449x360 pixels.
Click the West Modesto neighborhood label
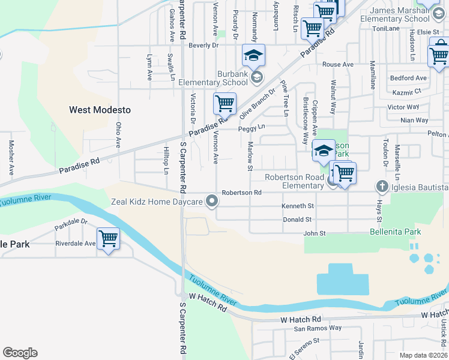(100, 110)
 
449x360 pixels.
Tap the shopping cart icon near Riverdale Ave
(108, 239)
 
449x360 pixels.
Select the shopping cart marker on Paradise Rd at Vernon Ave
(224, 103)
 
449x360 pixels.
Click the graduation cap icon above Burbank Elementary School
(253, 55)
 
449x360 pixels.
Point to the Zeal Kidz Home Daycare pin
(211, 202)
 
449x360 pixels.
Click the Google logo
(20, 353)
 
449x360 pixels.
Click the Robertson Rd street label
(242, 193)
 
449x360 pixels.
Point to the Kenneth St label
(298, 206)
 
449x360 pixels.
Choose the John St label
(315, 233)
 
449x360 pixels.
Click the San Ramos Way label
(318, 328)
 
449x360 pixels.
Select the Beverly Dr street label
(203, 45)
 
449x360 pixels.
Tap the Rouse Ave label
(338, 64)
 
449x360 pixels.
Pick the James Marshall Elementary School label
(399, 14)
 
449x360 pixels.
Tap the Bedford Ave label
(408, 78)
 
